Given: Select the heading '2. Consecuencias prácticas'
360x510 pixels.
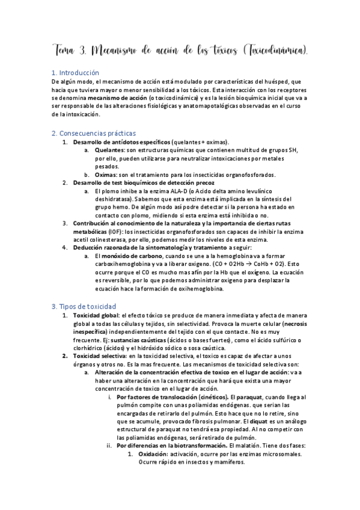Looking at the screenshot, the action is coord(94,133).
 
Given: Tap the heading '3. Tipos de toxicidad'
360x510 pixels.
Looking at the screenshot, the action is coord(84,306).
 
